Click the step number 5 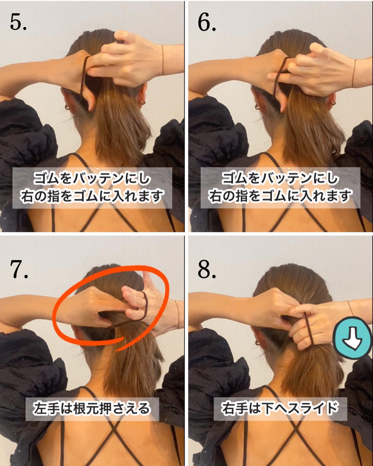tap(18, 22)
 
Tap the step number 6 tap(206, 22)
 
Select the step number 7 tap(19, 269)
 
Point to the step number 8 tap(206, 269)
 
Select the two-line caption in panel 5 tap(92, 188)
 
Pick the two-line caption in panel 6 tap(280, 188)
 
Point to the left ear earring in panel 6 tap(257, 106)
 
